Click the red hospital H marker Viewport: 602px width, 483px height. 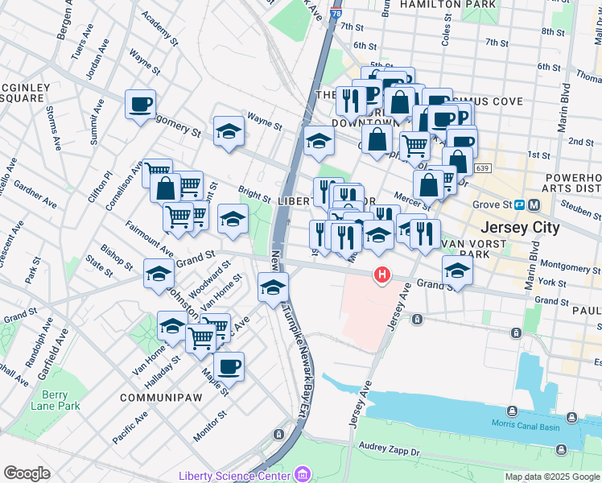(x=382, y=275)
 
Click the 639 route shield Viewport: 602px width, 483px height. (x=482, y=167)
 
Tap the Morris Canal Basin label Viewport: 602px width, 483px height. (x=525, y=426)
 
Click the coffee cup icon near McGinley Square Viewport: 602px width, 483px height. (x=140, y=105)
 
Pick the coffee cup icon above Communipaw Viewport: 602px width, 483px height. (x=229, y=366)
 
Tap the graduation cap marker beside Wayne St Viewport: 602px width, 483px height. (x=229, y=131)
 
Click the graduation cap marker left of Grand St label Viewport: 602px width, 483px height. (x=159, y=274)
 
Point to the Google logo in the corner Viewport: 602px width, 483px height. (x=27, y=473)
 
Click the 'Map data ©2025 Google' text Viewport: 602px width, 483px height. (x=552, y=477)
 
